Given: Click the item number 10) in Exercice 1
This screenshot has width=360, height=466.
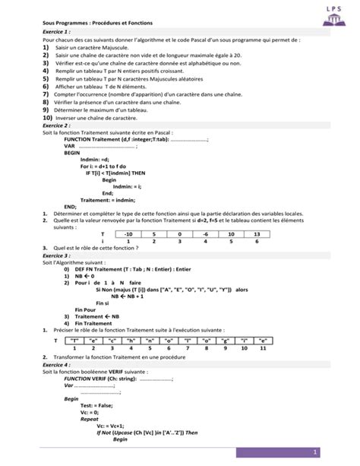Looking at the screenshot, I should (x=47, y=119).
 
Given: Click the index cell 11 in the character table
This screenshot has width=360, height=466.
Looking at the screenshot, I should (x=262, y=348).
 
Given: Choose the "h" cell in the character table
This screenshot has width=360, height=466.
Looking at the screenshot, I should (x=129, y=341).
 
